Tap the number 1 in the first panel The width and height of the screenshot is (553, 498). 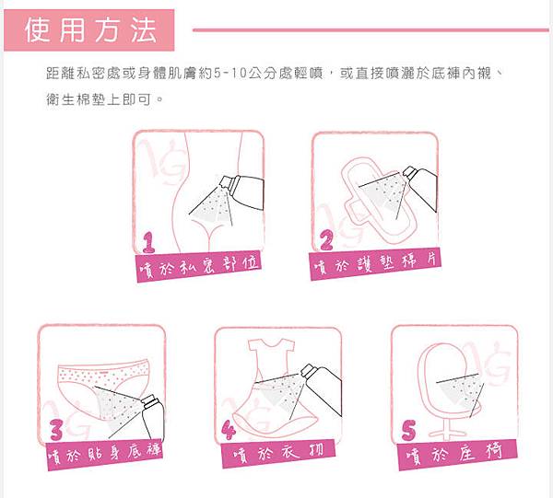(148, 242)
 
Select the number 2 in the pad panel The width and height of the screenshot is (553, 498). (326, 241)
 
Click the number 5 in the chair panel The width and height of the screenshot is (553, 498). (409, 430)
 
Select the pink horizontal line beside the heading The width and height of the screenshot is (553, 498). (369, 29)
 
